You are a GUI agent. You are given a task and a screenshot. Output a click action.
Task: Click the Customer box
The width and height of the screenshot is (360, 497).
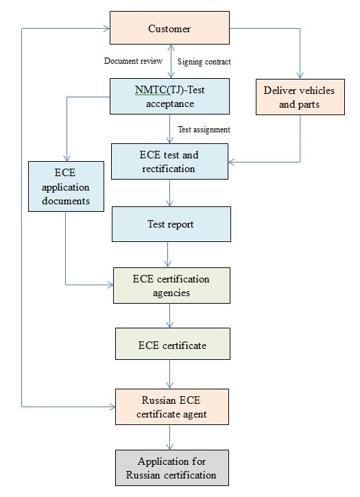coord(169,28)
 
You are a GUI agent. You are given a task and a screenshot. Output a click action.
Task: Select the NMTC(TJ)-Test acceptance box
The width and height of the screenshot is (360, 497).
coord(169,97)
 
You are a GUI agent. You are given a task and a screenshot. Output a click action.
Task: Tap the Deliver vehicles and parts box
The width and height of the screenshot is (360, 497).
coord(300,97)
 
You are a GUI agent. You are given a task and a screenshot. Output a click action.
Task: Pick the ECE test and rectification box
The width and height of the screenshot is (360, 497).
coord(169,162)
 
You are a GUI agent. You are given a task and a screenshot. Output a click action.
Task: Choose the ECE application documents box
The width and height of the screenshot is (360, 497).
coord(66,186)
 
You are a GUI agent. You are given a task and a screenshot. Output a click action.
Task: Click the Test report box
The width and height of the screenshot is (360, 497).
coord(171,224)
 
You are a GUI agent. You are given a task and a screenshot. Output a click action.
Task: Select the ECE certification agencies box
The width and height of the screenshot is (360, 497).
coord(171,286)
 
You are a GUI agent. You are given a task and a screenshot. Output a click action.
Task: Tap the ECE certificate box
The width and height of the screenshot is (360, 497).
coord(173,344)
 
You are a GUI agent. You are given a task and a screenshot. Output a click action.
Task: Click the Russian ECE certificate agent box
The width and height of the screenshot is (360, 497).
coord(172,407)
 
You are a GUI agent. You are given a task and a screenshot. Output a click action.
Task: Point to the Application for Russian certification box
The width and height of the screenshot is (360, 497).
coord(172,468)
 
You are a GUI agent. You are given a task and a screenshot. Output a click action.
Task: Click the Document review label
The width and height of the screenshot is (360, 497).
coord(133,61)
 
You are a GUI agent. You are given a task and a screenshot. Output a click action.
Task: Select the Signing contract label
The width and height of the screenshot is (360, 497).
coord(204,62)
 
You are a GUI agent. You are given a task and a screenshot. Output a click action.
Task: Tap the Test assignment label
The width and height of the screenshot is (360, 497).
coord(204,130)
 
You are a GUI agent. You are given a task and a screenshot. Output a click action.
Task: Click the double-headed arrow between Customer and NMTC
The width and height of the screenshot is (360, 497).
coord(171,62)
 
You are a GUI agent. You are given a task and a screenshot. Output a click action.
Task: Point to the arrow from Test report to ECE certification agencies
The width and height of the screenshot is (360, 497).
coord(168,254)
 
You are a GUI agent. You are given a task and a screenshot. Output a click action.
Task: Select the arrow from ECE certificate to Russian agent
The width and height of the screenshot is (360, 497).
coord(169,374)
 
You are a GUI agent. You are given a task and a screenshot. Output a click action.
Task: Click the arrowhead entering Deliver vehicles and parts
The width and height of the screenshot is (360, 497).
coord(300,75)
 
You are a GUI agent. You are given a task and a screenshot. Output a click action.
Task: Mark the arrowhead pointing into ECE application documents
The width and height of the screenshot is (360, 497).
coord(67,158)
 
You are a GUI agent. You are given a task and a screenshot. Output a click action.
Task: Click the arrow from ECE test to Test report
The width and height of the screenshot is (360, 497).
coord(169,193)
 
